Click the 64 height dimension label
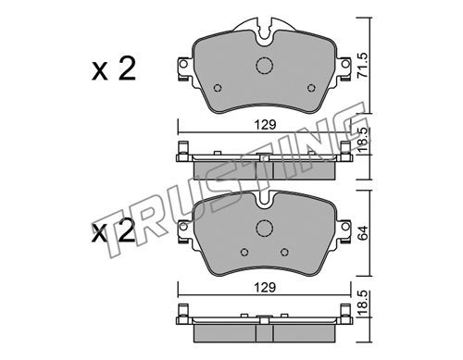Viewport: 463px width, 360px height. coord(363,233)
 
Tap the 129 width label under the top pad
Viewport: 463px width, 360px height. coord(265,125)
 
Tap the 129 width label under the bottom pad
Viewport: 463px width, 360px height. coord(265,288)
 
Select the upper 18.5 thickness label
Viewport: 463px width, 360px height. coord(364,139)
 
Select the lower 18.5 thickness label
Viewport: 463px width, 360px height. coord(364,304)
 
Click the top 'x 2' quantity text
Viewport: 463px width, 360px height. coord(114,69)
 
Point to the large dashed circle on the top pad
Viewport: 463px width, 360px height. coord(265,66)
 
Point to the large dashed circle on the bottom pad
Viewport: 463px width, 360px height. coord(265,229)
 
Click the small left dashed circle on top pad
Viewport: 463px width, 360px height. coord(218,88)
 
